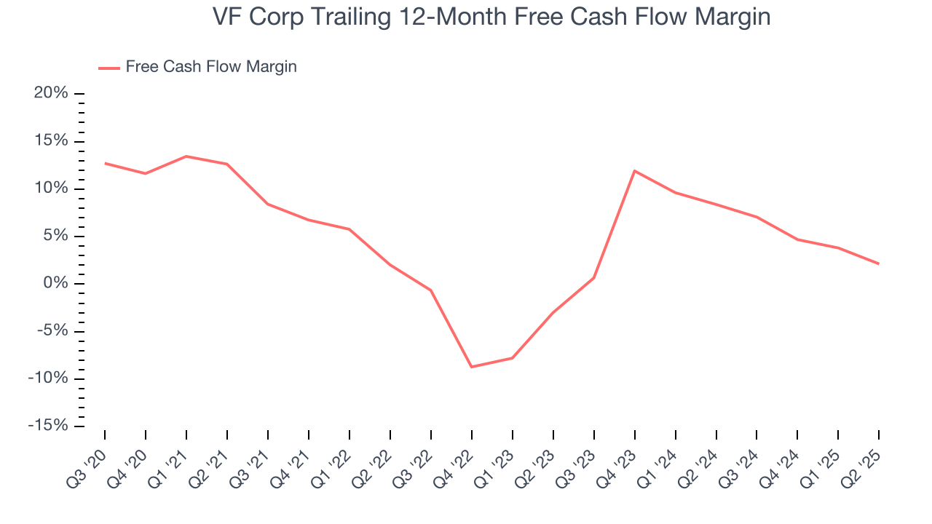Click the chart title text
491,17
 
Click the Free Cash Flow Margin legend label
211,67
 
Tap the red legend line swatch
109,68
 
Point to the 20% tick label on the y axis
51,93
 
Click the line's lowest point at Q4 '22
472,367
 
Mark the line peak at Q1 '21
186,156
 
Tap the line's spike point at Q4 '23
635,171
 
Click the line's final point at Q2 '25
879,263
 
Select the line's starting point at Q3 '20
105,163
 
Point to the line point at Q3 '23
594,278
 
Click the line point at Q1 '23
513,358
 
